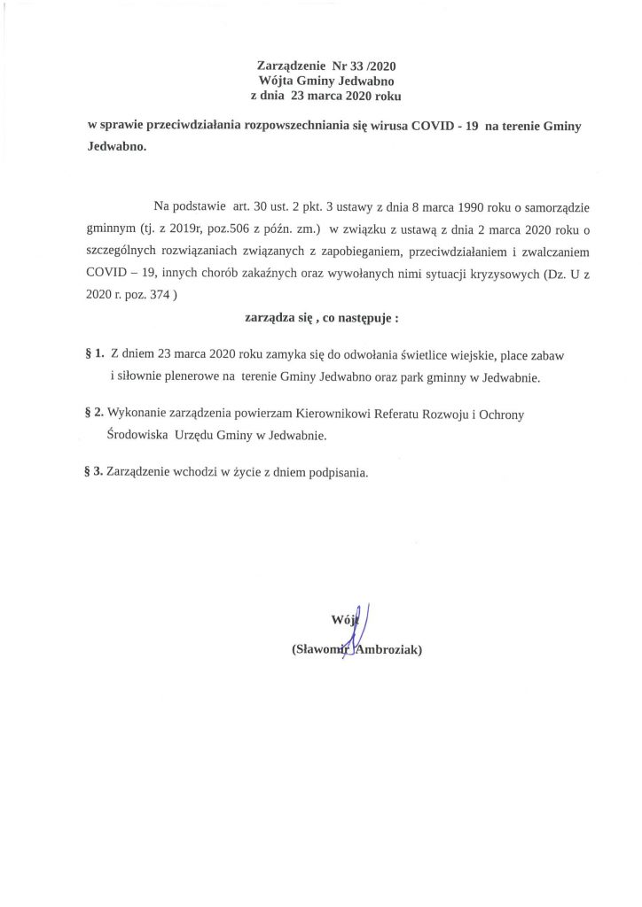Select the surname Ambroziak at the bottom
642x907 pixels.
[387, 651]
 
